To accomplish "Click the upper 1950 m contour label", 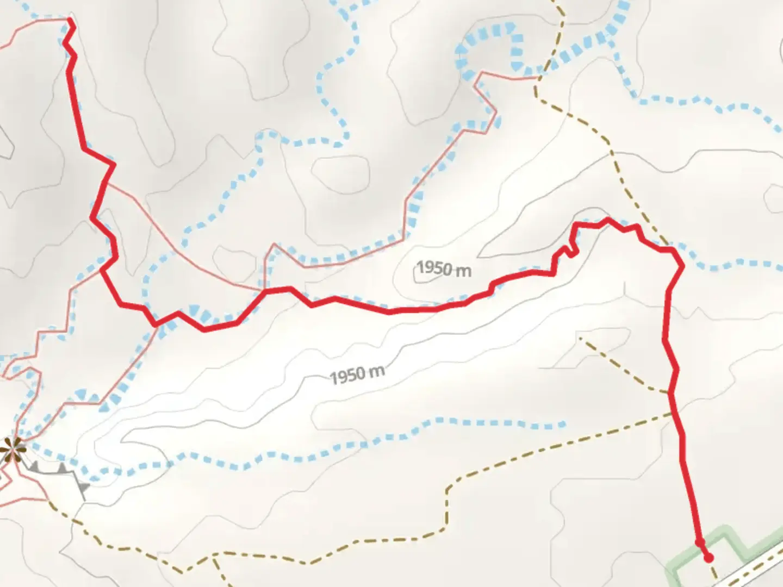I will (444, 268).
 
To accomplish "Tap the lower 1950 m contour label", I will (357, 374).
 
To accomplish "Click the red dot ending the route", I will (708, 558).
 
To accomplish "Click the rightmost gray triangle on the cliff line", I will (84, 487).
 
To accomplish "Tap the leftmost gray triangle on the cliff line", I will (34, 465).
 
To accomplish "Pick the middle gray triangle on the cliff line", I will (63, 467).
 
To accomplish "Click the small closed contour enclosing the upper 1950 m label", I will (415, 274).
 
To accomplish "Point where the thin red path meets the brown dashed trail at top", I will (537, 79).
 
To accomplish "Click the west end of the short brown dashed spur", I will (581, 338).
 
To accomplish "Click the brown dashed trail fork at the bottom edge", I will (215, 557).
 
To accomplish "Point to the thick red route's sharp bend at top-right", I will (681, 265).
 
